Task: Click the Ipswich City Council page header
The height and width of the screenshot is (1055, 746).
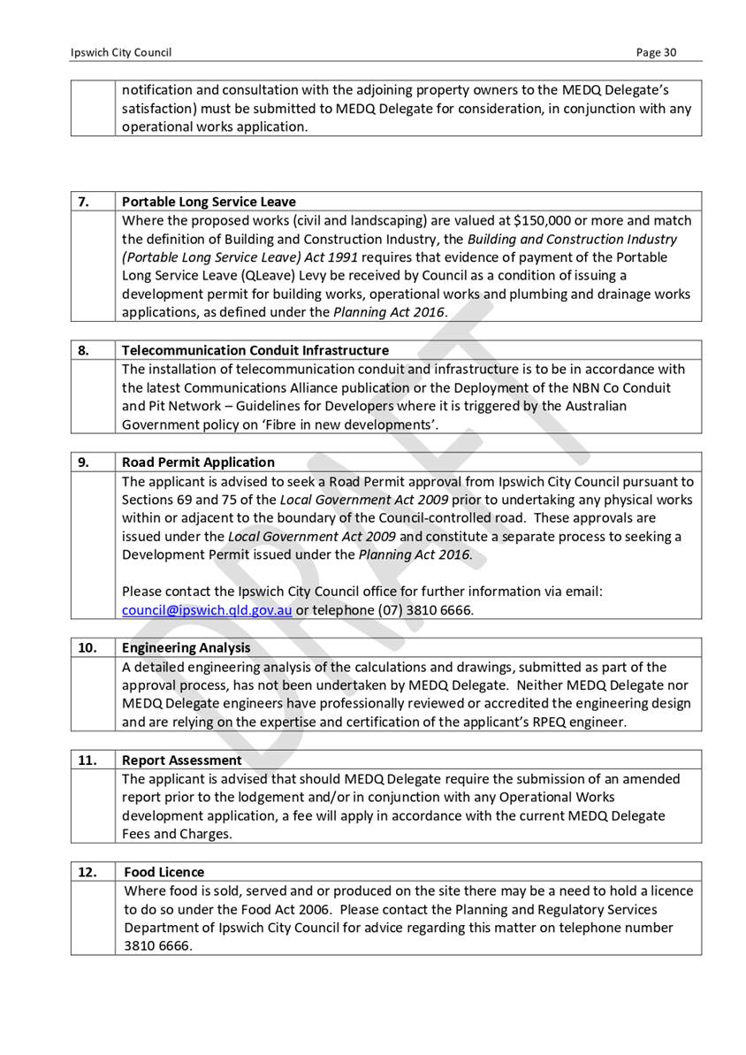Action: (121, 52)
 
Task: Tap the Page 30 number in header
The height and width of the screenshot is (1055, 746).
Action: (657, 52)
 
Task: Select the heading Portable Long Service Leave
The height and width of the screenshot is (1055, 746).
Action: (209, 202)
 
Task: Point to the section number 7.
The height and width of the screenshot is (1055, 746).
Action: (83, 202)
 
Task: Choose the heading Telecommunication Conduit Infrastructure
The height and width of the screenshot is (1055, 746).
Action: (255, 350)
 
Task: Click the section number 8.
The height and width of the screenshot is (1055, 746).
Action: (83, 350)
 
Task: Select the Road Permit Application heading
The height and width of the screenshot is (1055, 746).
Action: (198, 462)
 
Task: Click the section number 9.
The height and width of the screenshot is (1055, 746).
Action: (83, 462)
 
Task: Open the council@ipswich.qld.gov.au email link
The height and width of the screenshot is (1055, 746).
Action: (207, 610)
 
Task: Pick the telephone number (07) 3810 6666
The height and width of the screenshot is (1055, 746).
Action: (425, 610)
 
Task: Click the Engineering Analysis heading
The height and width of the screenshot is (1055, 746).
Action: (186, 647)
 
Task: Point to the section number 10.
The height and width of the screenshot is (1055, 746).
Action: (87, 647)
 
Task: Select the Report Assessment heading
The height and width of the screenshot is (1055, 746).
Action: (182, 760)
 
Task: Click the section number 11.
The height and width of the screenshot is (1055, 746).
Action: (87, 760)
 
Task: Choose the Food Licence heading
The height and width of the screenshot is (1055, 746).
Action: (164, 872)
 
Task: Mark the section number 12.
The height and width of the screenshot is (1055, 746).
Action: (87, 872)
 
